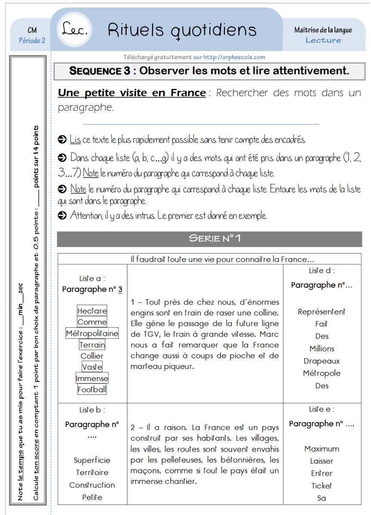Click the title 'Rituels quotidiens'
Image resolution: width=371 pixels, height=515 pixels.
tap(182, 30)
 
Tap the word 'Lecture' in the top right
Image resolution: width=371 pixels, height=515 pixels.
tap(323, 40)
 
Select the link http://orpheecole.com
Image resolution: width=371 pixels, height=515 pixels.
tap(234, 57)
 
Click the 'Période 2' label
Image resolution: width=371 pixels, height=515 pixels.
tap(32, 40)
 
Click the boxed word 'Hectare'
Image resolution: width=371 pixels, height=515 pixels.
tap(92, 311)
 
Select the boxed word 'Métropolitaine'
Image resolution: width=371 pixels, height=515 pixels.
tap(92, 333)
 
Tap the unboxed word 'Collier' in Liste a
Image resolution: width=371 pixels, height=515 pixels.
tap(92, 356)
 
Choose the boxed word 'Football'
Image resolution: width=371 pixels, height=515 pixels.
tap(92, 390)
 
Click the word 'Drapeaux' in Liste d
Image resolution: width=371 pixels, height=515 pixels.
tap(322, 361)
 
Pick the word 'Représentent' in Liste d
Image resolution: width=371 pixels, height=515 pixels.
tap(322, 312)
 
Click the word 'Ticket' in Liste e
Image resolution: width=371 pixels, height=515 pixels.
tap(322, 486)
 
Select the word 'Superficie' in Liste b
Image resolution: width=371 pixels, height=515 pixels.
tap(92, 460)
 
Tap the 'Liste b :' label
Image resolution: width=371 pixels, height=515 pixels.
tap(92, 410)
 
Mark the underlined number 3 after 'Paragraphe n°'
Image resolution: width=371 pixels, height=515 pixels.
tap(120, 289)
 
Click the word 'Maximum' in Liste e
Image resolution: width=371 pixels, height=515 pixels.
tap(322, 449)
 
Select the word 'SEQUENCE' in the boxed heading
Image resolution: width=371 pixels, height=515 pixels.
tap(100, 71)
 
